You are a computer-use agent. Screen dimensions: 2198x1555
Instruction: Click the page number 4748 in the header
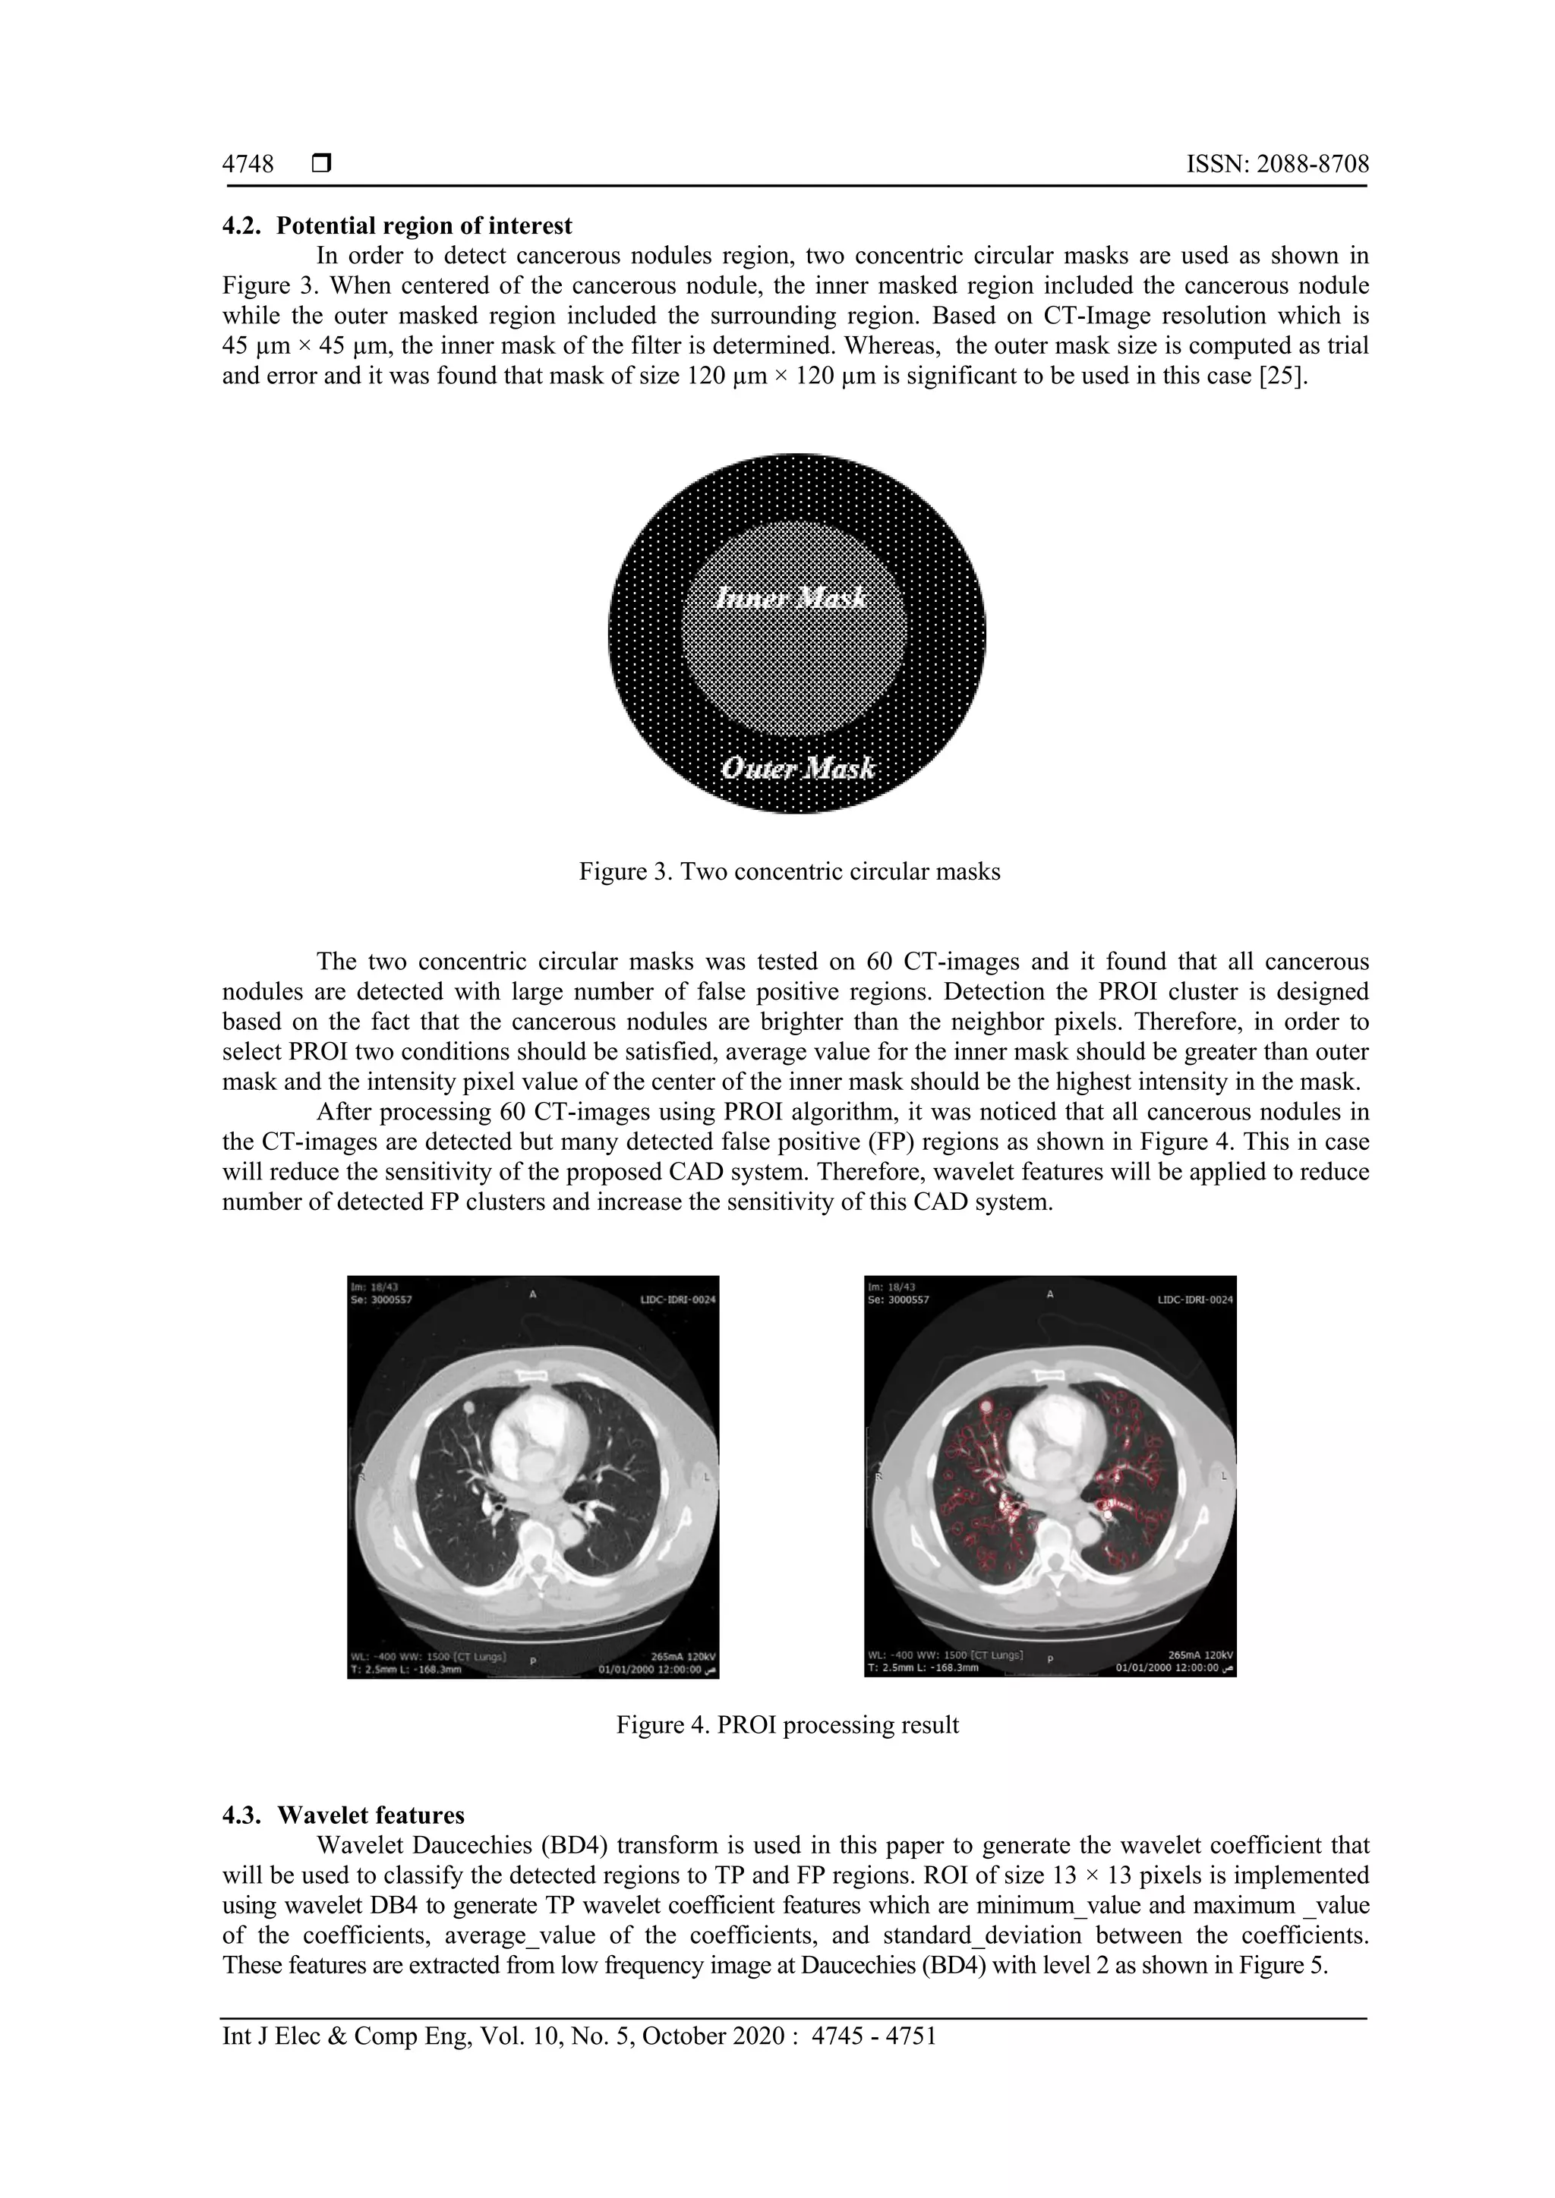tap(248, 165)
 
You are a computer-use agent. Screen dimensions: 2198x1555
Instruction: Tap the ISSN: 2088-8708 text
tap(1277, 165)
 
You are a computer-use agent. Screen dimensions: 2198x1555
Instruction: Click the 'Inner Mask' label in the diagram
tap(792, 598)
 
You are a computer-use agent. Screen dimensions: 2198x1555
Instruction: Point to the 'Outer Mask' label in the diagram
tap(797, 768)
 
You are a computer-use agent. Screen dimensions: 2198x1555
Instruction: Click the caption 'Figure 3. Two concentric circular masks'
tap(789, 872)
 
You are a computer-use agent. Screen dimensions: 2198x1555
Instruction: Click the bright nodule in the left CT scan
tap(469, 1406)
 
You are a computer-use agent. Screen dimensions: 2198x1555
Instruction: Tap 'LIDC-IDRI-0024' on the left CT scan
tap(677, 1301)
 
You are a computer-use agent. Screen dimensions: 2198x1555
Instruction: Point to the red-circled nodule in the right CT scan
tap(986, 1406)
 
